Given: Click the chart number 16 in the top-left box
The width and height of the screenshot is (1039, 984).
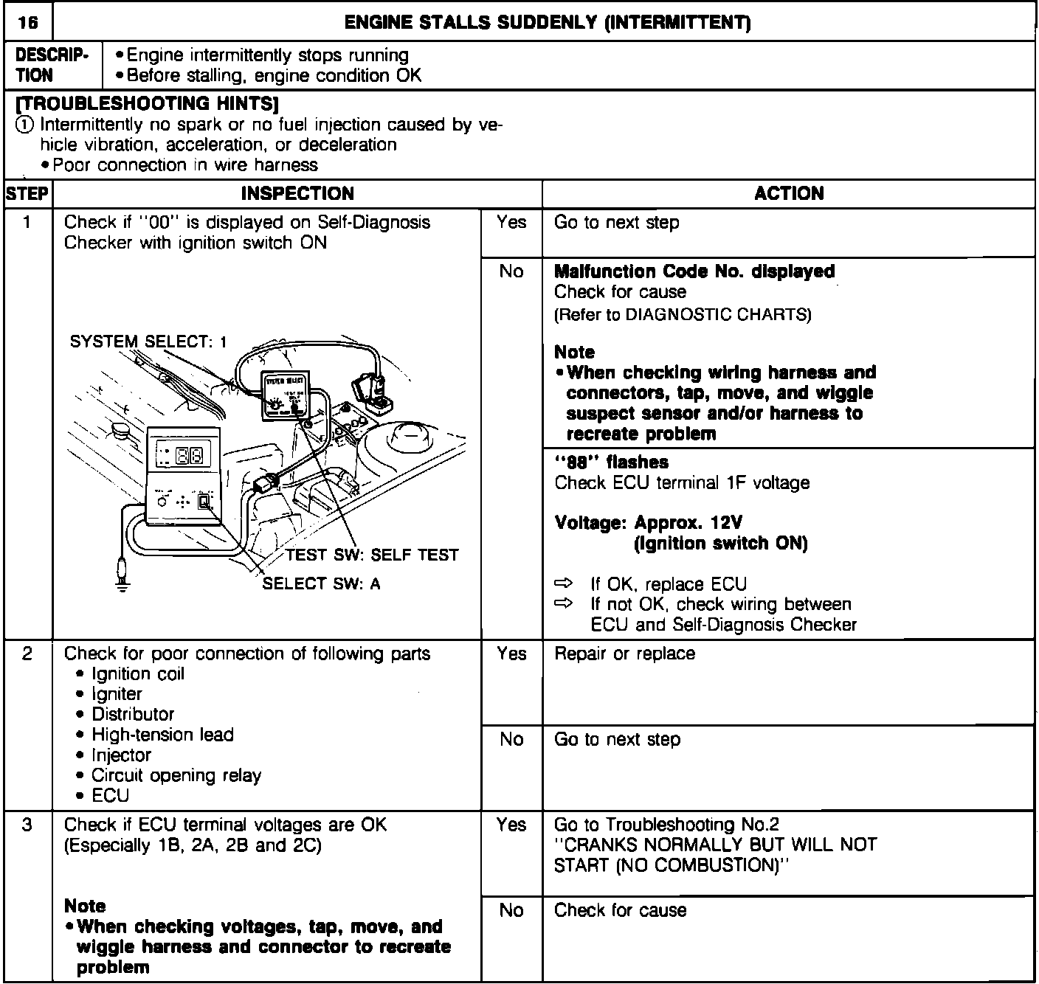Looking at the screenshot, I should [28, 24].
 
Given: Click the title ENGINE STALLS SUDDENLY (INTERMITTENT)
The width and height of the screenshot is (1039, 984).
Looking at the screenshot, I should [548, 24].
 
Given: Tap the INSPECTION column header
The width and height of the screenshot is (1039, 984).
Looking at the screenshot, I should [297, 194].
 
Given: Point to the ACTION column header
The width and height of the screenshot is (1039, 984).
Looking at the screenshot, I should [789, 194].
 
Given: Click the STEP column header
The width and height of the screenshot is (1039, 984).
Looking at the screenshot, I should [27, 194].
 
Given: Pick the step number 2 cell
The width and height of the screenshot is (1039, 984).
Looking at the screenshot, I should [27, 654].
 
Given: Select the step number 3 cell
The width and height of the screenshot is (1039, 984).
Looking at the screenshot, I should [27, 825].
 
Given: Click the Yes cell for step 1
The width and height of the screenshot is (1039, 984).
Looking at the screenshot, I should [511, 222].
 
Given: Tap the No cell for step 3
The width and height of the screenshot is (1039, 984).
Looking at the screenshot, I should [511, 910].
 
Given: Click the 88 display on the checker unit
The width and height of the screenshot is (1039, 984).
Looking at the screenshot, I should [190, 457].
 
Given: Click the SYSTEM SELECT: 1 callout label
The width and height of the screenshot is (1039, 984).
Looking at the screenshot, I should [148, 342].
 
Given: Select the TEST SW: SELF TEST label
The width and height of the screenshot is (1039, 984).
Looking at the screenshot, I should [372, 555].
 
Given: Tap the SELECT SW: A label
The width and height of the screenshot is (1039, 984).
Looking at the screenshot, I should [322, 583].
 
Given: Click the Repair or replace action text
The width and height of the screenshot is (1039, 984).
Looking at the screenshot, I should [624, 654].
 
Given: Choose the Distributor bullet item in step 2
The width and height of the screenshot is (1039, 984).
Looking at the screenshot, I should [133, 714].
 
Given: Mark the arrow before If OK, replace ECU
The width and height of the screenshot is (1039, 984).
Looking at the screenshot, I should [564, 584].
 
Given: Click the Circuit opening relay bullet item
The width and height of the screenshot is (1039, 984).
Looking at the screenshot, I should [176, 775].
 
